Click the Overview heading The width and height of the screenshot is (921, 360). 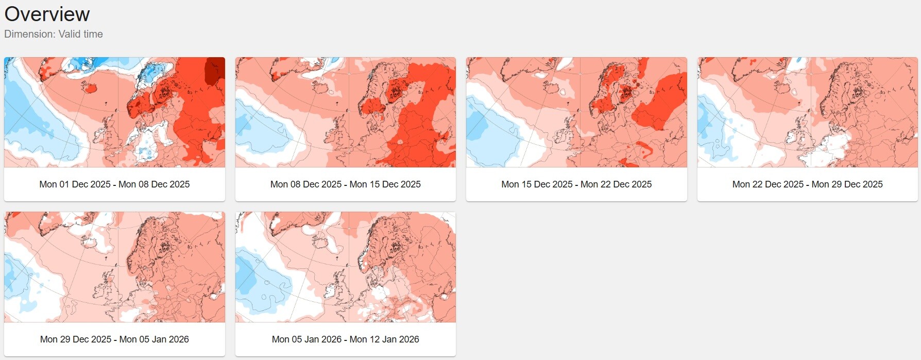(x=47, y=14)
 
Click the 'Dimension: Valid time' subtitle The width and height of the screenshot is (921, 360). (x=54, y=34)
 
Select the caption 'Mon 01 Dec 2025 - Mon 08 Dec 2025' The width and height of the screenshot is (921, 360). (x=114, y=184)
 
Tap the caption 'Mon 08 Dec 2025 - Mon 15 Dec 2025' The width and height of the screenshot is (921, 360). (x=345, y=184)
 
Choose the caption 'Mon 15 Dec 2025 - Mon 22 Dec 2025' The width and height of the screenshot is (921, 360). (x=576, y=184)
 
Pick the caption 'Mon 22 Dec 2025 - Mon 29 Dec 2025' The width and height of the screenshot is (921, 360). (x=807, y=184)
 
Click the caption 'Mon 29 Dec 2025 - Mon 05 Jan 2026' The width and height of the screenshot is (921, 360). (x=114, y=339)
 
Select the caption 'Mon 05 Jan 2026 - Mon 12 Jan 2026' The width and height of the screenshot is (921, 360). (x=345, y=339)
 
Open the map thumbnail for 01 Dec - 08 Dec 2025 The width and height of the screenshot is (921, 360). (x=114, y=112)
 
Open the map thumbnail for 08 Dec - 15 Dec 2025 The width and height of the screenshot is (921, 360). (x=345, y=112)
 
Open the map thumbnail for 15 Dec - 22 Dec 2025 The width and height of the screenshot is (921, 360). (x=576, y=112)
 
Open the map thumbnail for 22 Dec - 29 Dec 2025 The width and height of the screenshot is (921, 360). (x=807, y=112)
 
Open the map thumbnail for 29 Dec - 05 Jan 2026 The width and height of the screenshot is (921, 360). (x=114, y=267)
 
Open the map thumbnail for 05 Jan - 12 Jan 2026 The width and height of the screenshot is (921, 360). (x=345, y=267)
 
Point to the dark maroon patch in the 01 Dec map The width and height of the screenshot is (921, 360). (x=214, y=71)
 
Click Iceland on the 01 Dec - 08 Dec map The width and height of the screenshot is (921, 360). (x=91, y=88)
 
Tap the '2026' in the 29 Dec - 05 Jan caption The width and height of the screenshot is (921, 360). (x=178, y=339)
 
